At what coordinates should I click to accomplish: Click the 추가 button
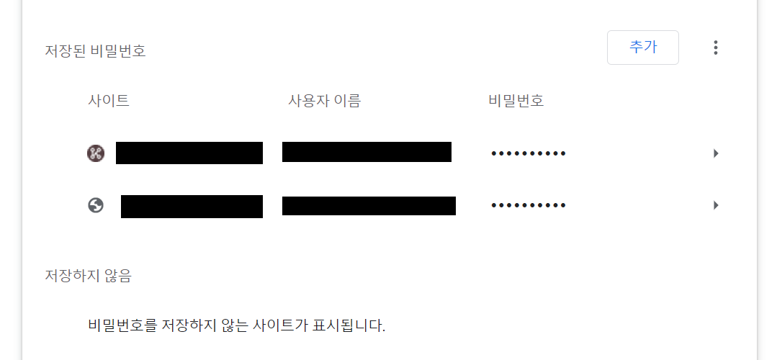point(642,48)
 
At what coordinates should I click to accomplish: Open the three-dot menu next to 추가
point(715,48)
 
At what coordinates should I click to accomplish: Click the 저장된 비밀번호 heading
point(95,51)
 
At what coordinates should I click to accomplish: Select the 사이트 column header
point(109,101)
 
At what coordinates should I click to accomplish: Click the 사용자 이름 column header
point(324,101)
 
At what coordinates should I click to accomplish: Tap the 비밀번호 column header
point(516,101)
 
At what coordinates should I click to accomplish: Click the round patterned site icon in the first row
point(96,153)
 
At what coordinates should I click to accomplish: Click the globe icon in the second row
point(96,205)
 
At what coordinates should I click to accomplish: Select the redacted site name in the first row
point(189,153)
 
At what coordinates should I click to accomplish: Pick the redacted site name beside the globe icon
point(192,206)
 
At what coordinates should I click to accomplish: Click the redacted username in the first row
point(367,152)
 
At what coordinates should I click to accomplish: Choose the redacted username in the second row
point(369,205)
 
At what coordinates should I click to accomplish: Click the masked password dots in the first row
point(528,153)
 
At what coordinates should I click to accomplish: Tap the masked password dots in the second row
point(528,206)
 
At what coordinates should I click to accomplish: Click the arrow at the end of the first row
point(716,153)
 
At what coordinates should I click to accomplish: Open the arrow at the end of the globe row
point(716,205)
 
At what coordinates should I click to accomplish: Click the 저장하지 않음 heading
point(88,275)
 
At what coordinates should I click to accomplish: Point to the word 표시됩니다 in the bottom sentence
point(349,325)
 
